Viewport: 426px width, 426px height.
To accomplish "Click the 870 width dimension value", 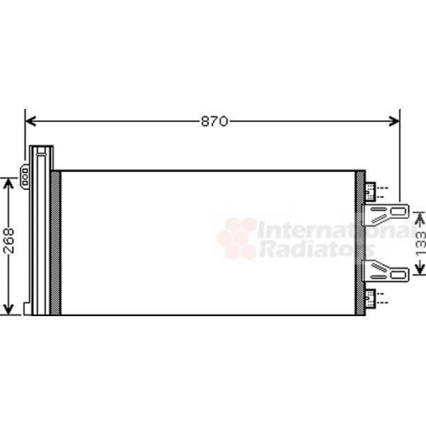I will (x=214, y=122).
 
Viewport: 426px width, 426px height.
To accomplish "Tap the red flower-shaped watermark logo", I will (x=236, y=238).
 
